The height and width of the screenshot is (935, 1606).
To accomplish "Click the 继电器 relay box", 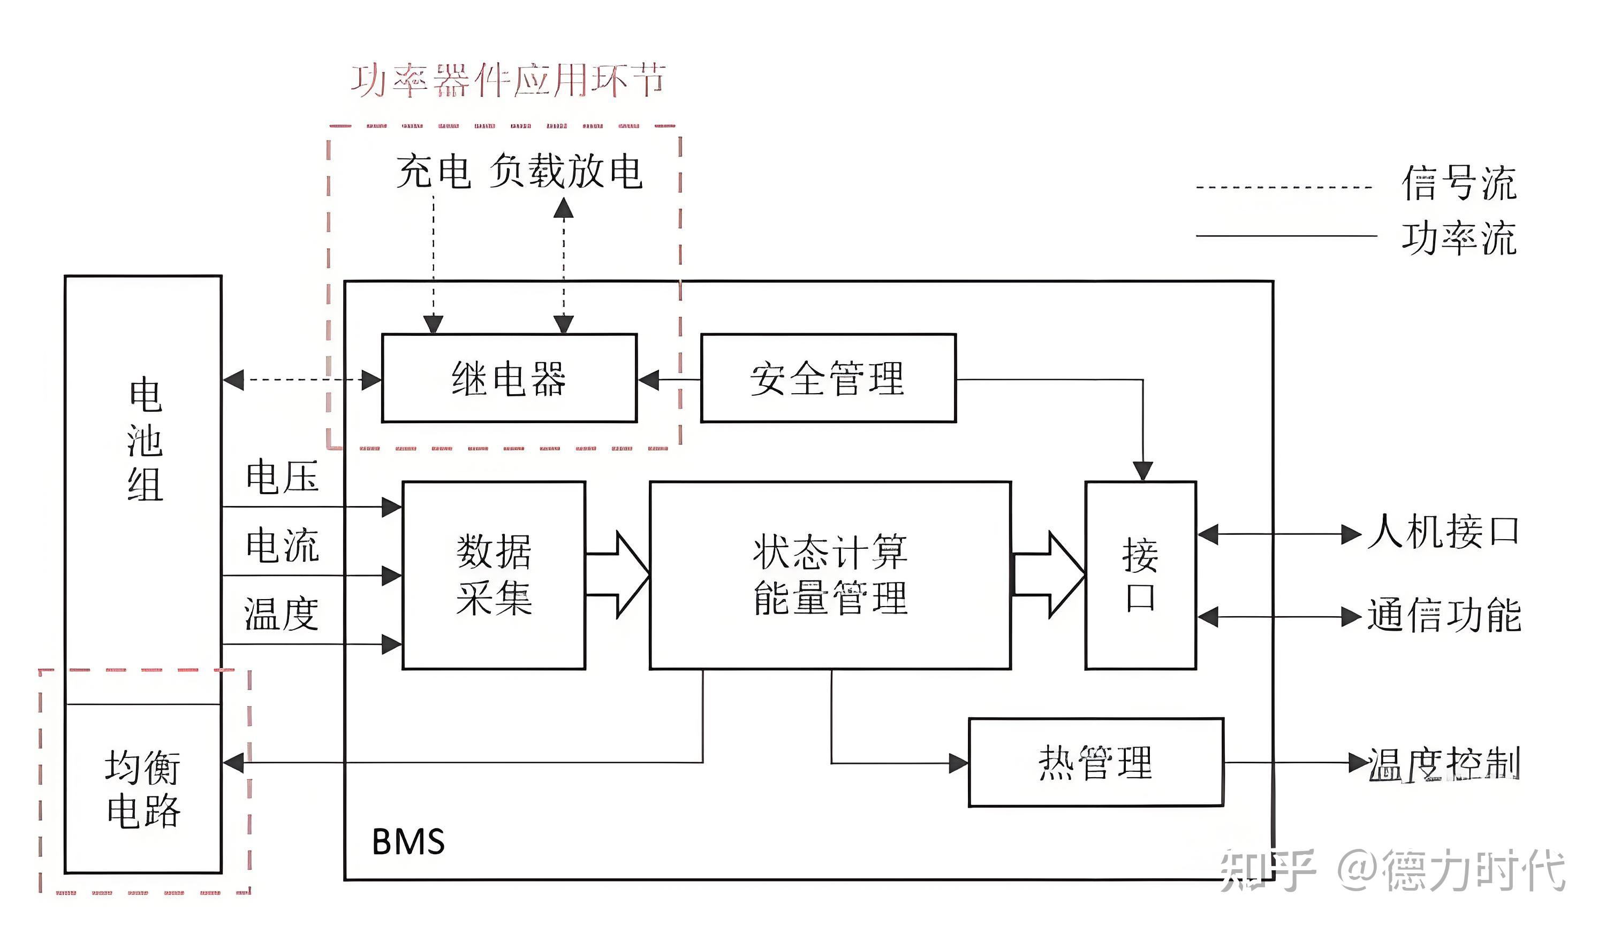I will click(x=509, y=378).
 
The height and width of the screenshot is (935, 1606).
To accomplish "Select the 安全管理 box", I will click(x=827, y=378).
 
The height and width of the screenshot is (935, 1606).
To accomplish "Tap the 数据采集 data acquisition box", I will click(x=494, y=575).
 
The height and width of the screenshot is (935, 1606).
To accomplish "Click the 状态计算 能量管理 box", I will click(x=830, y=575).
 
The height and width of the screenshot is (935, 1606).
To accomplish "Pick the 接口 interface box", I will click(x=1140, y=575).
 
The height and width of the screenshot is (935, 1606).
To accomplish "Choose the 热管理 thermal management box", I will click(x=1095, y=762).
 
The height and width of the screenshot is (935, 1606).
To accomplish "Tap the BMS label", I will click(x=408, y=842).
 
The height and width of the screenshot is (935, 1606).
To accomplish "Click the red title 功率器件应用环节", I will click(x=508, y=81).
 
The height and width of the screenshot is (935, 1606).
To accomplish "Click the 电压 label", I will click(x=282, y=477).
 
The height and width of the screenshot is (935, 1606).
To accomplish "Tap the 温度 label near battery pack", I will click(x=282, y=614).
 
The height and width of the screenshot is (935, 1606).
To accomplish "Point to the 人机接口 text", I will click(x=1443, y=532).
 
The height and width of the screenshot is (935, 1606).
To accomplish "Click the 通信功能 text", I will click(x=1443, y=615).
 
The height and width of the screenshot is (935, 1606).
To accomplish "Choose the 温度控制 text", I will click(x=1443, y=764).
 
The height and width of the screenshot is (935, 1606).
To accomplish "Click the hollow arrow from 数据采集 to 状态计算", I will click(x=617, y=575).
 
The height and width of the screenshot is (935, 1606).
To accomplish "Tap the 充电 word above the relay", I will click(x=434, y=171).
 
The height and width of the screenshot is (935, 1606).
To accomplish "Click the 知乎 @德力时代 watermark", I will click(x=1392, y=870).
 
